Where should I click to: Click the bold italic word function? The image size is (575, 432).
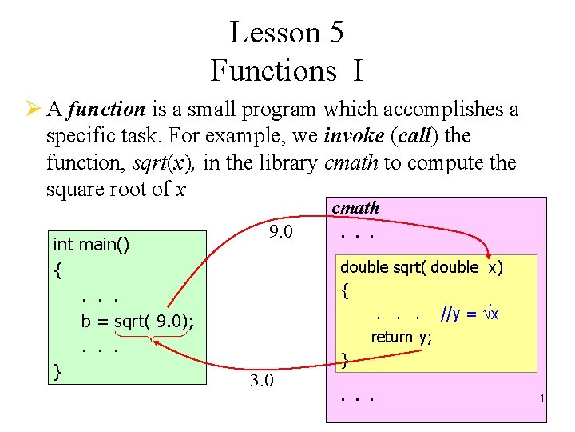[106, 109]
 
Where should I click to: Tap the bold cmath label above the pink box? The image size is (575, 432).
[355, 208]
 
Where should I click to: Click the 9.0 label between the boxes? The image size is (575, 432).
[281, 233]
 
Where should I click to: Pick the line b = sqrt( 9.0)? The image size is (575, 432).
[137, 322]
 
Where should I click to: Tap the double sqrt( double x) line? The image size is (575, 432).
[422, 267]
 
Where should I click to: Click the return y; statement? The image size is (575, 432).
[401, 337]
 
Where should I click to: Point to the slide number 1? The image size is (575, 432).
[541, 398]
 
